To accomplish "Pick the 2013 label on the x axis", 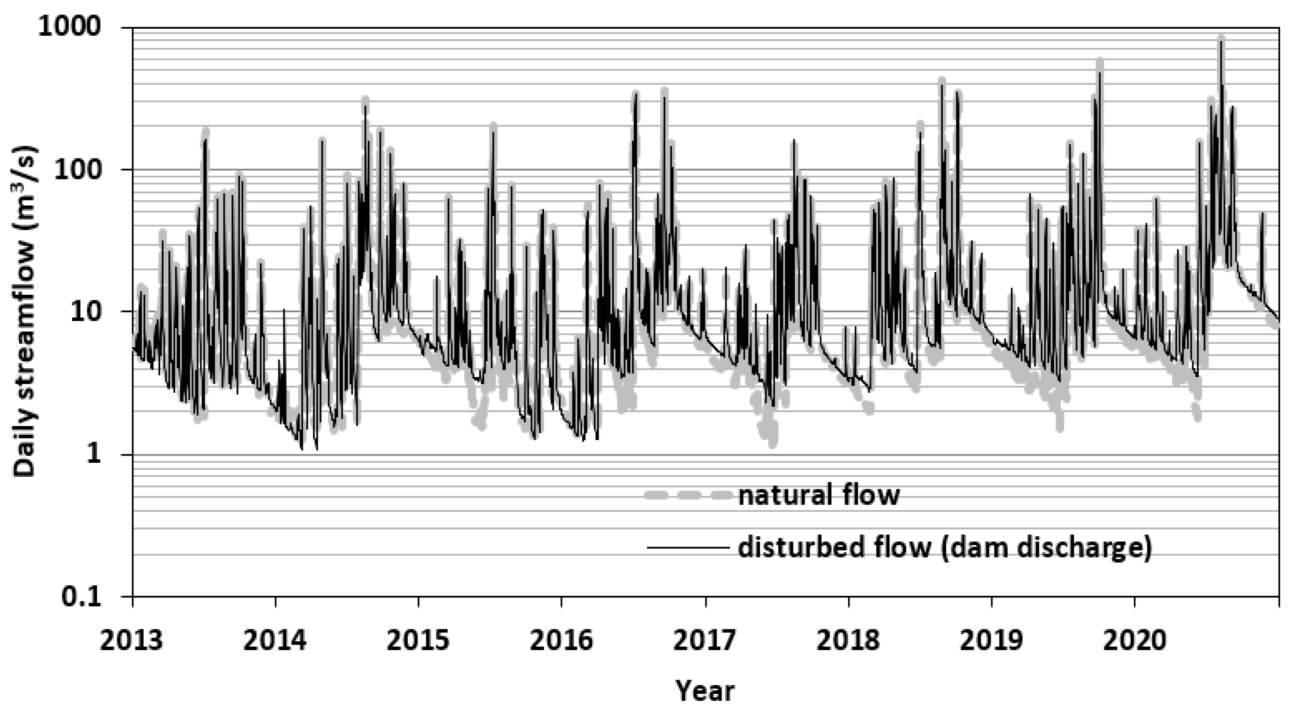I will pos(132,641).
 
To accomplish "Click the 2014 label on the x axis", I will pos(275,641).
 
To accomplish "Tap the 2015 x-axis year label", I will pos(418,641).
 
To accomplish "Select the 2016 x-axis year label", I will pos(562,641).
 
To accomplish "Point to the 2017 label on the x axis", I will pos(705,641).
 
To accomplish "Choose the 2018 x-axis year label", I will pos(848,641).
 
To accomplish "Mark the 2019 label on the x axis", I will pos(991,641).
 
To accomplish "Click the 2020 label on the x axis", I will pos(1134,641).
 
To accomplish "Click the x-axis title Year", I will pos(705,691).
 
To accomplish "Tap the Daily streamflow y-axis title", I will pos(25,311).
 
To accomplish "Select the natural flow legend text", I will pos(819,495).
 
